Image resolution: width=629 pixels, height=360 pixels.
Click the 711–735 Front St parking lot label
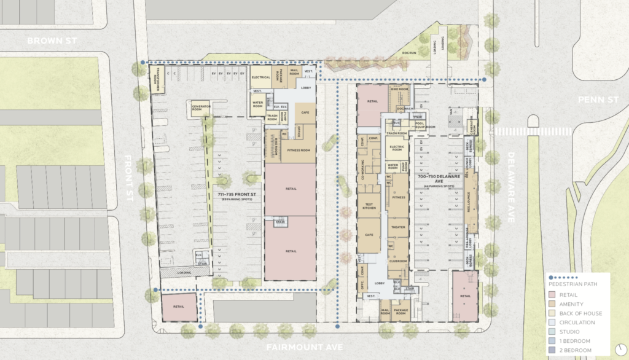pos(233,196)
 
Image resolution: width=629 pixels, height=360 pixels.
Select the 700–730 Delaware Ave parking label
pos(438,179)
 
